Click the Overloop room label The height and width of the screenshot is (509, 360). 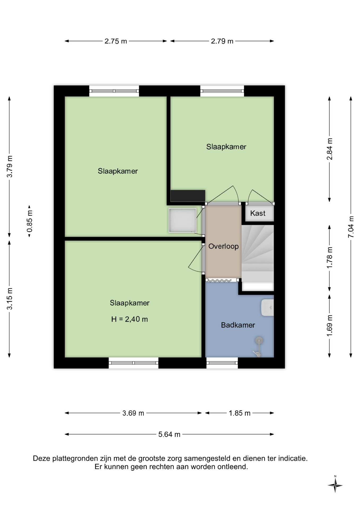click(223, 246)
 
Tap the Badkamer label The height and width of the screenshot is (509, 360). click(238, 325)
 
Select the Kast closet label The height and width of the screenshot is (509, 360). click(258, 213)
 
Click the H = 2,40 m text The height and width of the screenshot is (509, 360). click(129, 319)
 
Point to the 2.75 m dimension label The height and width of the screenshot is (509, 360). click(116, 41)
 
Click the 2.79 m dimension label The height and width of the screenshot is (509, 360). click(222, 41)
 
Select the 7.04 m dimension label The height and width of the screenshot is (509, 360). click(351, 227)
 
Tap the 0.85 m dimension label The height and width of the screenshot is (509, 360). click(29, 221)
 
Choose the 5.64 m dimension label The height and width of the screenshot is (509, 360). click(169, 434)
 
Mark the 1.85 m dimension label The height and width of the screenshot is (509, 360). click(240, 413)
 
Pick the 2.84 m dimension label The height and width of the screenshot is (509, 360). click(329, 149)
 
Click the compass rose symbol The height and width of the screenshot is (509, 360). click(335, 485)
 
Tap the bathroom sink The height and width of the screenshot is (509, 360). click(267, 308)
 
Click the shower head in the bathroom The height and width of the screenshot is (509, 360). click(259, 340)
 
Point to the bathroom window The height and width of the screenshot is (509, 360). click(222, 363)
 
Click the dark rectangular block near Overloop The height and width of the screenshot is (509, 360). click(188, 196)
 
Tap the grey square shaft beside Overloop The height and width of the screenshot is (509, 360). click(183, 220)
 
